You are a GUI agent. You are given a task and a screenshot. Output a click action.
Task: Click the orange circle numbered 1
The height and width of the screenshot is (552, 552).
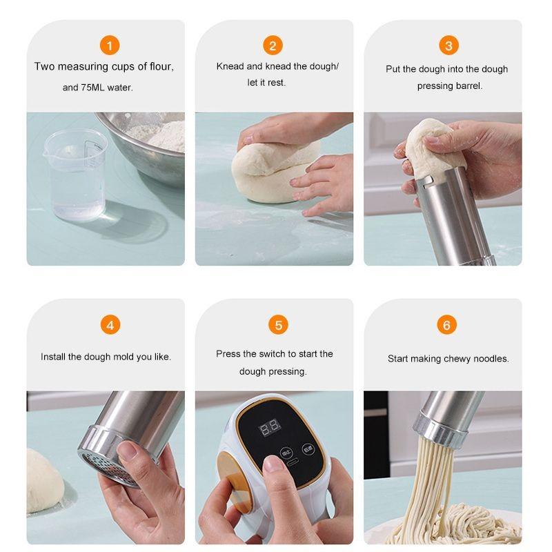pyautogui.click(x=110, y=46)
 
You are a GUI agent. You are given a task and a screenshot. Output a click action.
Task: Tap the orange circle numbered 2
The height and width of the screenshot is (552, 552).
pyautogui.click(x=273, y=46)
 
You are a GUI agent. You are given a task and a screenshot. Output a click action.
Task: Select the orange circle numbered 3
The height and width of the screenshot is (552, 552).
pyautogui.click(x=448, y=46)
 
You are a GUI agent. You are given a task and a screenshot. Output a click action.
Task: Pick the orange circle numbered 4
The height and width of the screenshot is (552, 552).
pyautogui.click(x=110, y=324)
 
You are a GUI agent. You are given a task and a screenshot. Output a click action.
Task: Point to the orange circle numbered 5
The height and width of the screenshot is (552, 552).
pyautogui.click(x=278, y=324)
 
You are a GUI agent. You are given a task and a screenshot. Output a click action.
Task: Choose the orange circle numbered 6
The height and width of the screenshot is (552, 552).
pyautogui.click(x=446, y=324)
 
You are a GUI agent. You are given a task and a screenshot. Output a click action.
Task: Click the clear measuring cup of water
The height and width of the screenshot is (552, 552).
pyautogui.click(x=75, y=175)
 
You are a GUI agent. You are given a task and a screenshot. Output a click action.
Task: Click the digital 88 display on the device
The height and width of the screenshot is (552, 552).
pyautogui.click(x=270, y=427)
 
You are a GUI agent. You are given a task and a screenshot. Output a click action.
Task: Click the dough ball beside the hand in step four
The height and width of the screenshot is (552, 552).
pyautogui.click(x=44, y=480)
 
